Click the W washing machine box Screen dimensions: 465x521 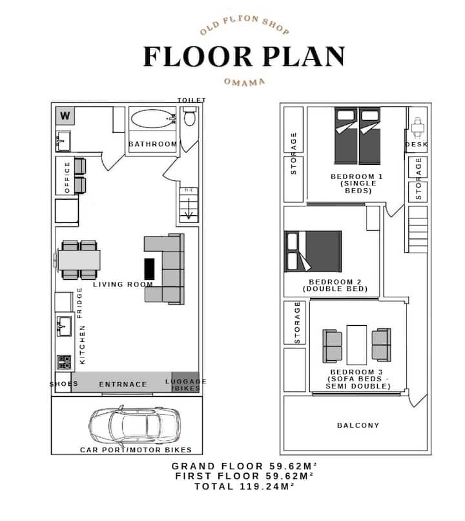tap(65, 116)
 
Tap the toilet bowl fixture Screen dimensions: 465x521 tap(189, 116)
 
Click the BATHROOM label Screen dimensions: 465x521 tap(152, 144)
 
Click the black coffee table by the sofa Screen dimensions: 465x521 tap(149, 269)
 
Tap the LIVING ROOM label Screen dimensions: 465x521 tap(123, 284)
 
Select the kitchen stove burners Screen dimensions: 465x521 tap(64, 362)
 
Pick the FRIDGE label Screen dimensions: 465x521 tap(79, 303)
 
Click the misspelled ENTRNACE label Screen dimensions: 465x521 tap(123, 385)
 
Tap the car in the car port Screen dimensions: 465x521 tap(134, 425)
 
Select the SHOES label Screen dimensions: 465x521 tap(64, 384)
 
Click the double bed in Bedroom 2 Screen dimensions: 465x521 tap(313, 251)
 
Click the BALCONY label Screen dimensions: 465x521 tap(358, 425)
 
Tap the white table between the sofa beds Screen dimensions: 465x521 tap(356, 345)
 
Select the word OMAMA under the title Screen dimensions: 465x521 tap(245, 82)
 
